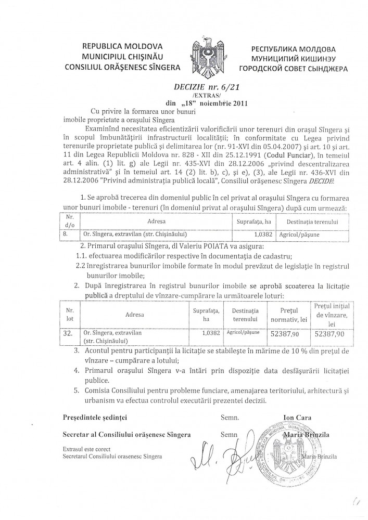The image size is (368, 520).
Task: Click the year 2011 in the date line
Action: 238,103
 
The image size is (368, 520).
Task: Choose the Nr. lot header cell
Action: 69,314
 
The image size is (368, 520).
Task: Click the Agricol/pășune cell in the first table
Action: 294,234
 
